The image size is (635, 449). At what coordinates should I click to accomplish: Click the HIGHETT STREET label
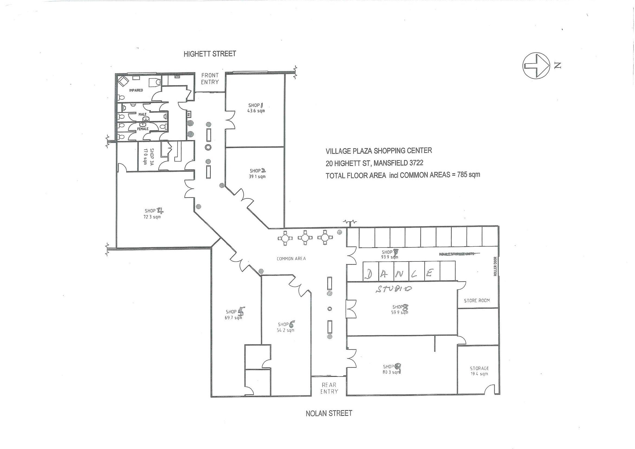[x=210, y=54]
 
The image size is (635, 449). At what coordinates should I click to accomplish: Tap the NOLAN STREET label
[x=329, y=413]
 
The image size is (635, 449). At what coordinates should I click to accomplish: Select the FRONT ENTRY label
[x=210, y=79]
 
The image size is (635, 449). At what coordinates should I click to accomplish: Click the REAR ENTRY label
[x=329, y=388]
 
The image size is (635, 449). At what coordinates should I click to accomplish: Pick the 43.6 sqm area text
[x=256, y=111]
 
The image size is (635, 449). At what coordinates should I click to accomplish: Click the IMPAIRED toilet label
[x=136, y=90]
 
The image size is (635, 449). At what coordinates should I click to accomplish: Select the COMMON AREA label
[x=291, y=259]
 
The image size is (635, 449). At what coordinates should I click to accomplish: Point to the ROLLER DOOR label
[x=495, y=267]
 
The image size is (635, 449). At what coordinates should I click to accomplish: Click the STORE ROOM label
[x=477, y=300]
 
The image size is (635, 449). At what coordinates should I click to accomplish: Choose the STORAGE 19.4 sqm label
[x=479, y=371]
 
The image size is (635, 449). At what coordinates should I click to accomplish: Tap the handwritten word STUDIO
[x=394, y=289]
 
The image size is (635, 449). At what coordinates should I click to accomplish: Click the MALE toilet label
[x=142, y=114]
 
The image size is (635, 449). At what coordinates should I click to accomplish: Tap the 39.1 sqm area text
[x=257, y=177]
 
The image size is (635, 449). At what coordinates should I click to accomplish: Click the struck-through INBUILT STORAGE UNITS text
[x=456, y=254]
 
